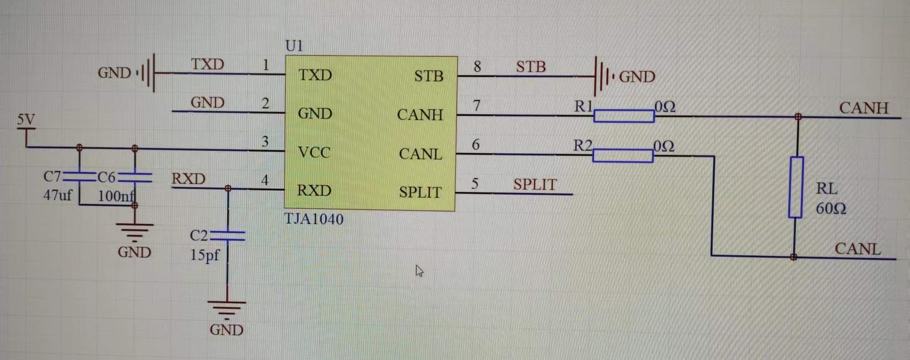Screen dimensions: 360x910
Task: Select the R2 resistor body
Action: pos(623,156)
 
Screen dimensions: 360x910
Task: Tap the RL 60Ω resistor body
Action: pos(795,187)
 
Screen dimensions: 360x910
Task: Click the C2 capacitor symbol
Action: pos(228,236)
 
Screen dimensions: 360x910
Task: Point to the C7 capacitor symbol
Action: pos(80,176)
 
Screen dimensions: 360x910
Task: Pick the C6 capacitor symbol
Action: pos(135,177)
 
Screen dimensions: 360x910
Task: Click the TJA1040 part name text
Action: pos(314,219)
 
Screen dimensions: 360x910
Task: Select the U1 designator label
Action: pos(294,46)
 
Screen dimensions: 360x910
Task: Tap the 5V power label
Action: pos(25,120)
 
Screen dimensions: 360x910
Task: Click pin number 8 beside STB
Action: pos(477,67)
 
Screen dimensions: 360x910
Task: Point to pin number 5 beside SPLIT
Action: pos(475,184)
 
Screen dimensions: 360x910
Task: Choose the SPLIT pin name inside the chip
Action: pos(420,192)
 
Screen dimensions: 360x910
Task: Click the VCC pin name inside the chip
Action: pos(314,152)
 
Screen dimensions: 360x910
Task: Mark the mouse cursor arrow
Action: pos(419,271)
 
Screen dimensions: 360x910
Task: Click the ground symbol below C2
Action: pos(227,309)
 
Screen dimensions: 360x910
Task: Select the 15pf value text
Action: pos(204,255)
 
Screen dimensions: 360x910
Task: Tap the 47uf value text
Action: pos(57,195)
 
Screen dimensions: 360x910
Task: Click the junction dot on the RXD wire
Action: pos(228,189)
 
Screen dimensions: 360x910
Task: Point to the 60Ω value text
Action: pos(831,209)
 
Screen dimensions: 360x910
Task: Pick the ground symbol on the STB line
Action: pos(602,76)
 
